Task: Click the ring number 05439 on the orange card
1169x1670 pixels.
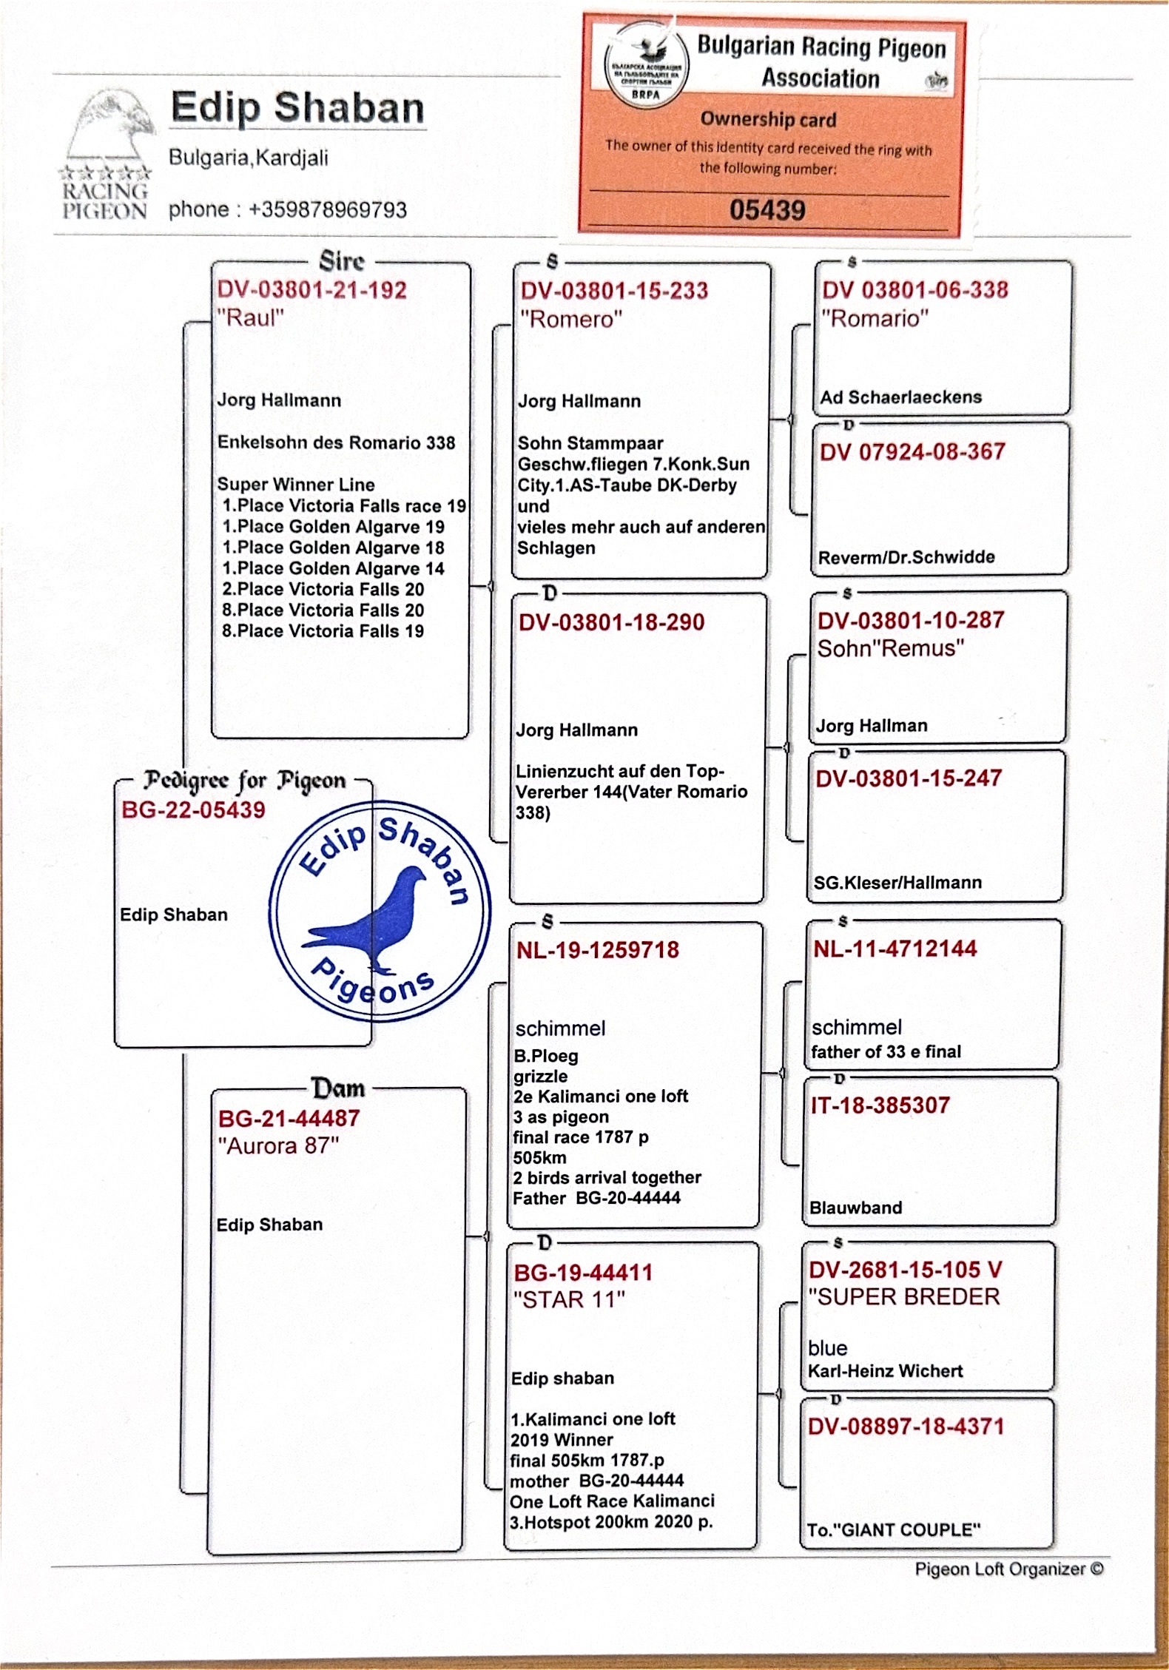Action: (767, 210)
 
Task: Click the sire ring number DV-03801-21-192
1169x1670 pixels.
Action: (311, 290)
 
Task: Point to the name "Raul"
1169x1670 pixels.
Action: (251, 318)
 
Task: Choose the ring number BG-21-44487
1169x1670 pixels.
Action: (289, 1118)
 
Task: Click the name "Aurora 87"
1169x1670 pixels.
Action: (278, 1146)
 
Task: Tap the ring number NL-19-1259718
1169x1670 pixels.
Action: (598, 950)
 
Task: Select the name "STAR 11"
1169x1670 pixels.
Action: (569, 1300)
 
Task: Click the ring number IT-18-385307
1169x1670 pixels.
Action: (880, 1105)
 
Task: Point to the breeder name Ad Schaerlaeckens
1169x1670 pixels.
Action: (900, 397)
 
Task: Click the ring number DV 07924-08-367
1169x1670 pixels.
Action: (912, 452)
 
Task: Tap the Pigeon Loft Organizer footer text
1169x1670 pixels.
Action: (1008, 1569)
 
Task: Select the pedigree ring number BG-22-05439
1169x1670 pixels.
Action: (193, 810)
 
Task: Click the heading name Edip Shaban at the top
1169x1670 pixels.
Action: (297, 108)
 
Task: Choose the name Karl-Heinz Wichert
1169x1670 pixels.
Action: (885, 1371)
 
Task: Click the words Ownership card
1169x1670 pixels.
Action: (768, 119)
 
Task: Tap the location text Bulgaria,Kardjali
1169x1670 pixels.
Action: (249, 158)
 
